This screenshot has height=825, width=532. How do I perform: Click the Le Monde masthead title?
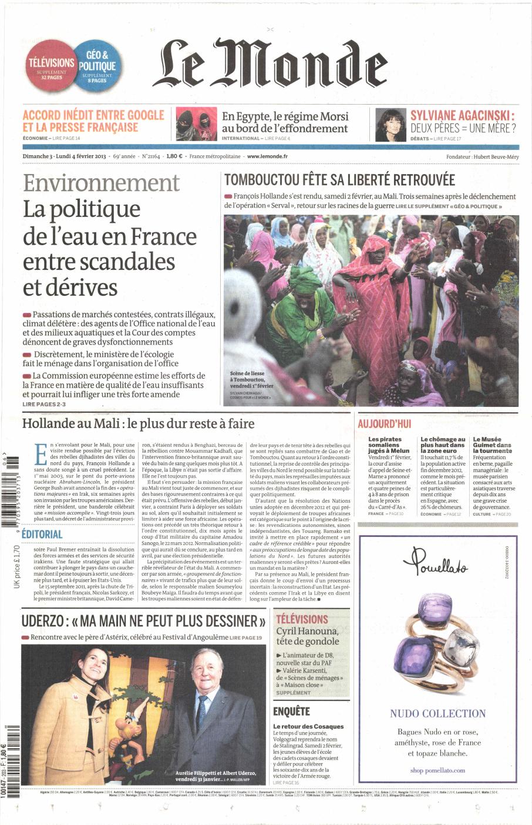(x=270, y=64)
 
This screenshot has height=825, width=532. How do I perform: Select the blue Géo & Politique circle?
(x=97, y=66)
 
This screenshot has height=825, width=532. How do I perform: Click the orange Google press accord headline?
(x=93, y=121)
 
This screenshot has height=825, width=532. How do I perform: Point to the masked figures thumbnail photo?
(x=196, y=125)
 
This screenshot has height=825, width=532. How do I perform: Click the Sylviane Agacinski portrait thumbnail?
(x=390, y=125)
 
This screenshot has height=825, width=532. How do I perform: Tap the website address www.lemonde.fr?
(x=267, y=156)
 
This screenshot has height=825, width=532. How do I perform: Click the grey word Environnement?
(x=101, y=183)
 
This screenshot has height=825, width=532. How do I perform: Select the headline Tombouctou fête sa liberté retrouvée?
(x=339, y=180)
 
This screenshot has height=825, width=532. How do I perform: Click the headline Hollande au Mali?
(x=138, y=423)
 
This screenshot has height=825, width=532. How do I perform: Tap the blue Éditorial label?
(x=42, y=534)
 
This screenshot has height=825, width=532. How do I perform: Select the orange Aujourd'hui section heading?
(x=384, y=424)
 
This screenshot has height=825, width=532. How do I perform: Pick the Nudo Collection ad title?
(x=437, y=714)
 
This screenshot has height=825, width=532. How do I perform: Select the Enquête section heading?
(x=291, y=712)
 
